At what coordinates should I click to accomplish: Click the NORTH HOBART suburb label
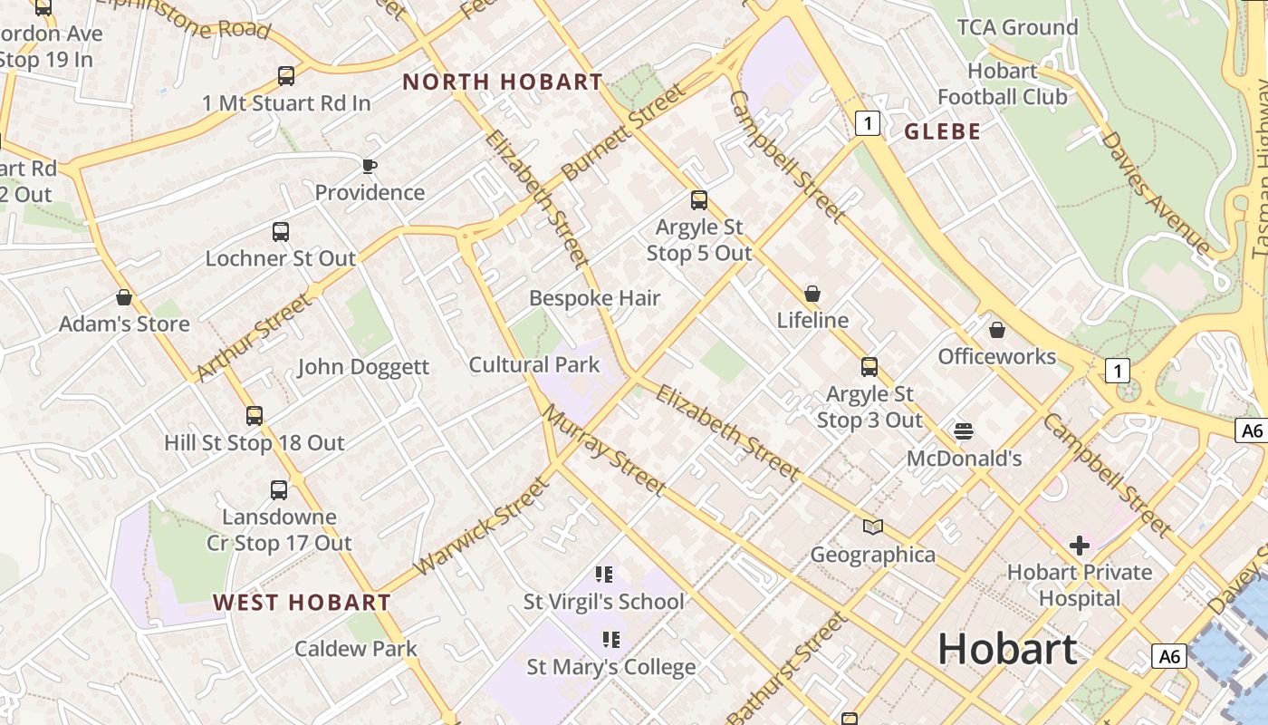[503, 82]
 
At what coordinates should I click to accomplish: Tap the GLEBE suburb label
[942, 131]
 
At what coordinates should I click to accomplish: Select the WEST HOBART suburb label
[302, 603]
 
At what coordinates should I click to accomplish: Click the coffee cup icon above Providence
[369, 166]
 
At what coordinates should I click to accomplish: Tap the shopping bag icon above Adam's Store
[124, 297]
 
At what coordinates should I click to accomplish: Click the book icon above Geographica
[872, 527]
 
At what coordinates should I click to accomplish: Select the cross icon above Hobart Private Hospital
[1079, 546]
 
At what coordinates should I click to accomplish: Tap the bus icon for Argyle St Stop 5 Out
[698, 200]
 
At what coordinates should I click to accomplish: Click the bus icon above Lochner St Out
[281, 232]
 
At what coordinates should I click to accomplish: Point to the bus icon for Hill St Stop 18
[255, 416]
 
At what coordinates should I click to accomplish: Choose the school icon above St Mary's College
[611, 640]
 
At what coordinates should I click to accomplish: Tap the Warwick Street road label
[482, 526]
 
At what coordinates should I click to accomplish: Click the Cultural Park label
[534, 365]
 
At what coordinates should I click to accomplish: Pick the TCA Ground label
[1017, 27]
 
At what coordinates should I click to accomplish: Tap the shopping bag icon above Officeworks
[997, 330]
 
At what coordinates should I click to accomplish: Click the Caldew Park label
[356, 649]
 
